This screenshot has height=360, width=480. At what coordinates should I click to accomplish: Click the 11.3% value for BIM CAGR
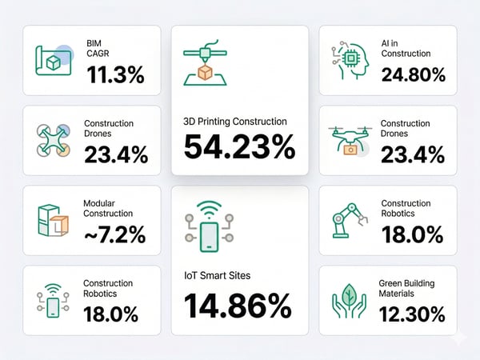point(115,76)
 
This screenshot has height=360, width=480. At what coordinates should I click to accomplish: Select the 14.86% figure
point(238,307)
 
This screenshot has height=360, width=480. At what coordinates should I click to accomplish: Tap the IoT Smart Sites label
point(218,275)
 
